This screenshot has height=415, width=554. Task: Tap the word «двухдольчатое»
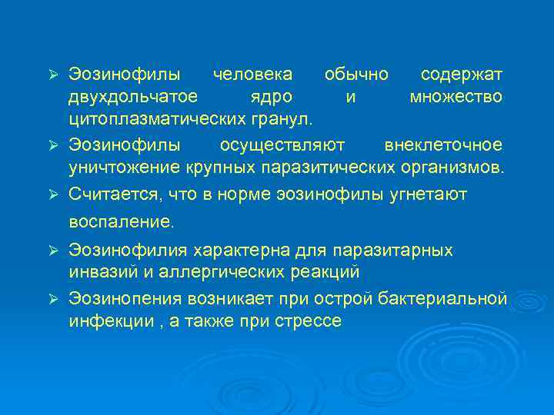132,97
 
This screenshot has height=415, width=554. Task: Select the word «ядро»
272,97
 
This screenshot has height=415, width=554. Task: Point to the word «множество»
456,97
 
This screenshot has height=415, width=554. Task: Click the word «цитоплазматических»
157,119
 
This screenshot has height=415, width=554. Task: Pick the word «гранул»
282,119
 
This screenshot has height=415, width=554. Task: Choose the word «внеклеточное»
443,145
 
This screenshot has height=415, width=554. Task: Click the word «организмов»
456,168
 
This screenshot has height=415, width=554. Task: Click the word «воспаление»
122,223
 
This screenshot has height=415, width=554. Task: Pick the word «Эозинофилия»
128,250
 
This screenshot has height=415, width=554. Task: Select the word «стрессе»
307,320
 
